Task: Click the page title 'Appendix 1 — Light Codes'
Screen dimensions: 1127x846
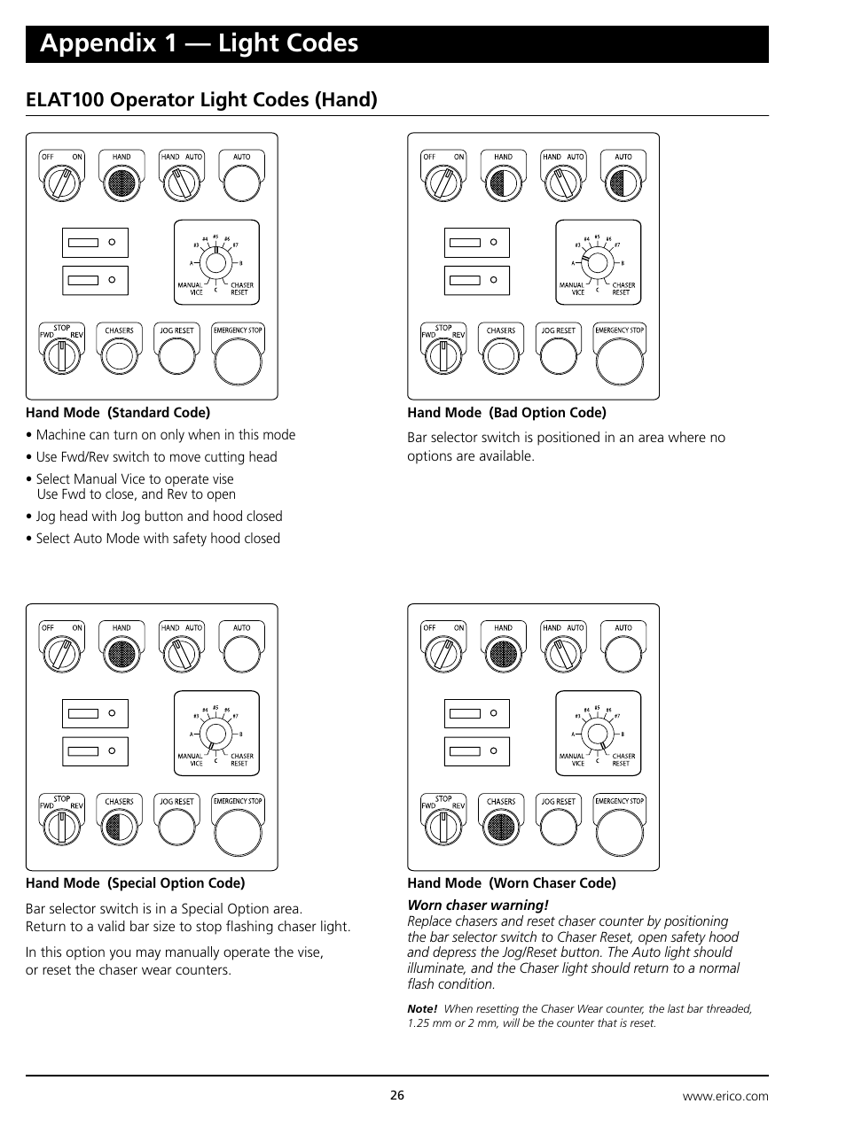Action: (200, 43)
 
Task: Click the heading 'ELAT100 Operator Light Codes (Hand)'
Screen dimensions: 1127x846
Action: (201, 99)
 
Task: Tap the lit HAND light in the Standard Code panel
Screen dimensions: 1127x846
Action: (121, 183)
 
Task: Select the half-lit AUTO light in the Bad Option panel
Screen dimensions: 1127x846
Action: (623, 183)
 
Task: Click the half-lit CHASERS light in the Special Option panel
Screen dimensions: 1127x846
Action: (120, 828)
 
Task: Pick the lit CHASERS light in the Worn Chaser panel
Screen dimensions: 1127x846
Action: (501, 828)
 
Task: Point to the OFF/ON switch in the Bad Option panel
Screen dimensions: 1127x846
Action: (443, 183)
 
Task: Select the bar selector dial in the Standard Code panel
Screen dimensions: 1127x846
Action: (215, 262)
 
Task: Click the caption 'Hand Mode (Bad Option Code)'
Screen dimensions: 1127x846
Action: (506, 413)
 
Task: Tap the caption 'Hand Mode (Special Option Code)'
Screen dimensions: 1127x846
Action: (135, 883)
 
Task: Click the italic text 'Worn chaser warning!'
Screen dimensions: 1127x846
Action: (477, 905)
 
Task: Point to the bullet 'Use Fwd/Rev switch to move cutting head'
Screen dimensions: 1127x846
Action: (156, 457)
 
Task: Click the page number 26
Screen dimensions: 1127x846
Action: (396, 1095)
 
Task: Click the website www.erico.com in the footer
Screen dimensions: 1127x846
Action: (725, 1096)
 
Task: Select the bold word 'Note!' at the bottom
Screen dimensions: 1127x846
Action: (422, 1009)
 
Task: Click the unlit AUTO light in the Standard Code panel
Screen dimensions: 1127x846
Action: (242, 183)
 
